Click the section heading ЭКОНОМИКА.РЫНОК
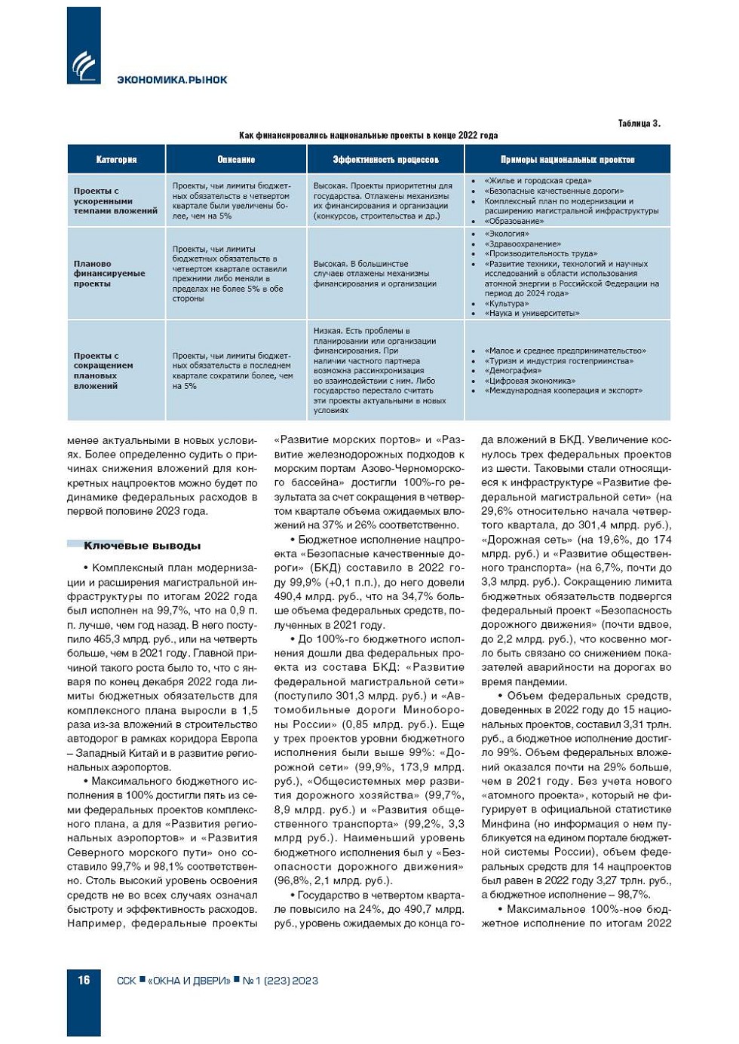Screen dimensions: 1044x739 tap(172, 80)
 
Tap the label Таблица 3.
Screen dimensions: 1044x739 tap(639, 124)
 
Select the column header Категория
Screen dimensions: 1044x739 tap(116, 160)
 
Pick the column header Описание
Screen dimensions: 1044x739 tap(236, 160)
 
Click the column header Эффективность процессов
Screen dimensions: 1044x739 tap(385, 160)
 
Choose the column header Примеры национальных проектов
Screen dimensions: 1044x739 tap(567, 160)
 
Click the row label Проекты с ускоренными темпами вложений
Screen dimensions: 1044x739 tap(115, 201)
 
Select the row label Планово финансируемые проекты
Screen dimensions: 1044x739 tap(109, 274)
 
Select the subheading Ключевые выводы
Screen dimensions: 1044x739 tap(142, 546)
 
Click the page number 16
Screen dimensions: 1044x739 tap(84, 980)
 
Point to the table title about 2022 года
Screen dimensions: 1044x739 tap(368, 136)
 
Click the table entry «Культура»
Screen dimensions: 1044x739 tap(507, 304)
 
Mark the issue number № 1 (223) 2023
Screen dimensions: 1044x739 tap(281, 981)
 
